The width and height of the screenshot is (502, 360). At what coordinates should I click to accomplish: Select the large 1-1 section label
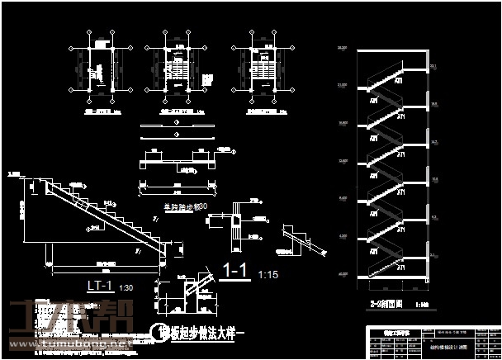(236, 271)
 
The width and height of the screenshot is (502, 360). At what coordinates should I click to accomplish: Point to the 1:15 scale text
(269, 273)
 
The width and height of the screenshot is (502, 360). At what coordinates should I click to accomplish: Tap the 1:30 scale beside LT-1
(125, 288)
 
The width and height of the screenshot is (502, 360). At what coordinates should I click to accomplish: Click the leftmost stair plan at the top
(102, 70)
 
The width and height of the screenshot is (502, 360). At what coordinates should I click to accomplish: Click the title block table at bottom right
(433, 341)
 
